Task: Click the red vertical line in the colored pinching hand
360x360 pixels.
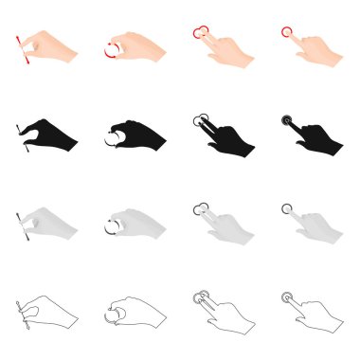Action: coord(20,47)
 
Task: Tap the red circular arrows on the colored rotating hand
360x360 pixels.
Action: coord(112,48)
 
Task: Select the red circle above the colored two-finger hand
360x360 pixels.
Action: coord(200,33)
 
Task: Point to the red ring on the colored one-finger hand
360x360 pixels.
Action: coord(287,33)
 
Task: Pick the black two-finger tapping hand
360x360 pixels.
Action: coord(223,138)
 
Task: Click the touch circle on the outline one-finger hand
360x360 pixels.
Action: coord(286,296)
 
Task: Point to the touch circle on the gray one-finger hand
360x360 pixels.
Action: coord(286,208)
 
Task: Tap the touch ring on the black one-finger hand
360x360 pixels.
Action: coord(286,120)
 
